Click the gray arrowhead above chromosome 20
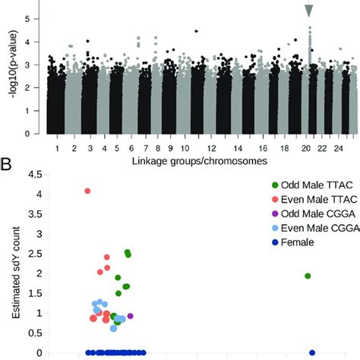tap(309, 10)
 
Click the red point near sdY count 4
tap(87, 191)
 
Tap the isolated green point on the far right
tap(308, 276)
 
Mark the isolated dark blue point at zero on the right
tap(312, 352)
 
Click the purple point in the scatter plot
tap(131, 315)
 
